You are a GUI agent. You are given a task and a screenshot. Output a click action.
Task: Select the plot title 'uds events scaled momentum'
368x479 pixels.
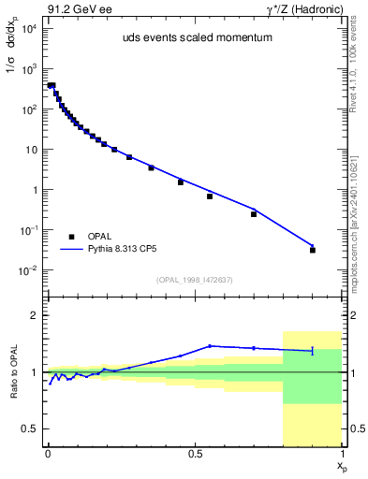(193, 38)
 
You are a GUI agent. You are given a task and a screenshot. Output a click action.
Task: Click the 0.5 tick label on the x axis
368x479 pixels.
(195, 454)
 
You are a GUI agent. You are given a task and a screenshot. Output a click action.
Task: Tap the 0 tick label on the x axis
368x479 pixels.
(47, 454)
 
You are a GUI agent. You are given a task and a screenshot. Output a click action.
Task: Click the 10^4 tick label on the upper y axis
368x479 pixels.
(28, 29)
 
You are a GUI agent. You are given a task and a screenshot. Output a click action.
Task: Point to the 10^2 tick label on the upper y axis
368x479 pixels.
(28, 109)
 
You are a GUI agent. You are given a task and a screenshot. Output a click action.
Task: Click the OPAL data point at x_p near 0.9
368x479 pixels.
(313, 250)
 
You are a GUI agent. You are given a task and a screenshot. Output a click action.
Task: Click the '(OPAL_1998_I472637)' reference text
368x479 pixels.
(194, 279)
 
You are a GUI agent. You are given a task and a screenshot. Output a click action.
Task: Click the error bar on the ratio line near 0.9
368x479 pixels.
(313, 351)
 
